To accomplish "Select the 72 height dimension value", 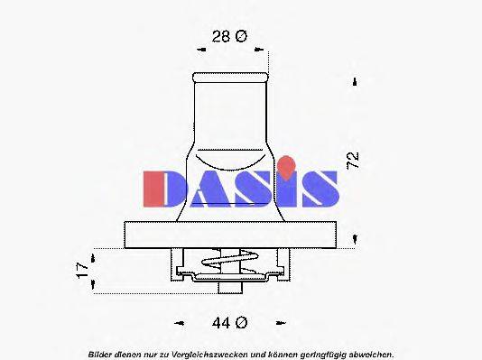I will [x=353, y=161].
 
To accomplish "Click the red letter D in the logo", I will [x=163, y=186].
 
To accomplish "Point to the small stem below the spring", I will [x=233, y=287].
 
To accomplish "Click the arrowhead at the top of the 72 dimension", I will [x=355, y=82].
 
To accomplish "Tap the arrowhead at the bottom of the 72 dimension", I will [x=355, y=239].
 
